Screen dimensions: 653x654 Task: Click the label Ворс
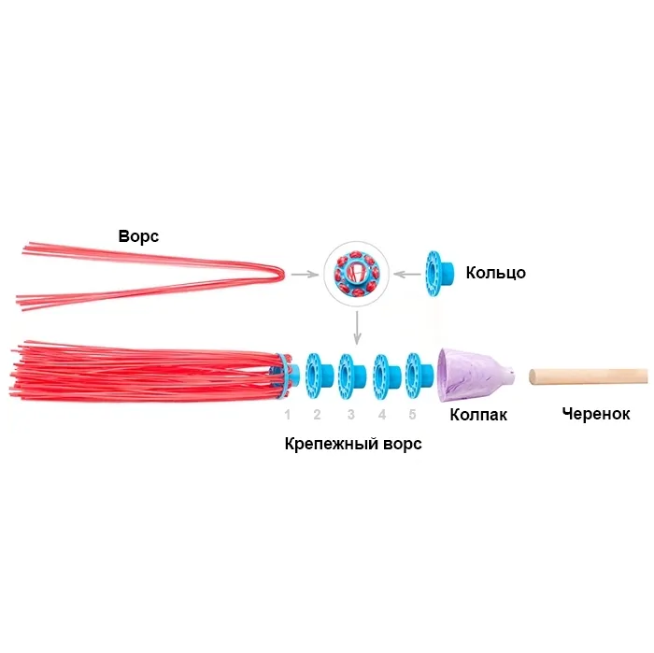(138, 236)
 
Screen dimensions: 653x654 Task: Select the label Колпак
(478, 414)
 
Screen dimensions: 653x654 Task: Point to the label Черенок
(596, 414)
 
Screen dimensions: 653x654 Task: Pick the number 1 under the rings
(288, 414)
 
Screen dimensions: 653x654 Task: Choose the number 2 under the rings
(318, 414)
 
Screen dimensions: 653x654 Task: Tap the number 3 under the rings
(351, 414)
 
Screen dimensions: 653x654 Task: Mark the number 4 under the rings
(382, 414)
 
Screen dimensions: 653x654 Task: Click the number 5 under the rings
(412, 414)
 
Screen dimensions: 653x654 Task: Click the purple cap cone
(475, 374)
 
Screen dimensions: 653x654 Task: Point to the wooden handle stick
(589, 376)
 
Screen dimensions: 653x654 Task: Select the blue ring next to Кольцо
(438, 273)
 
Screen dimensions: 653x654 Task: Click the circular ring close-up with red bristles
(355, 273)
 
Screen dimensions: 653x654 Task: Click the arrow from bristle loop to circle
(303, 275)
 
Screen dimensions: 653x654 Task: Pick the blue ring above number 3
(349, 376)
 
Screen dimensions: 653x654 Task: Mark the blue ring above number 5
(416, 376)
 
